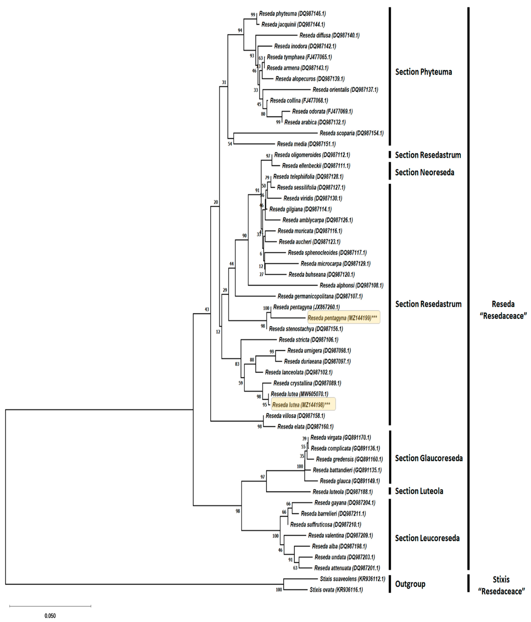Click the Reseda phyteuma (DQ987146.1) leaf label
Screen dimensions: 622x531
pyautogui.click(x=292, y=13)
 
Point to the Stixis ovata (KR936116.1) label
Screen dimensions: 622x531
pyautogui.click(x=336, y=590)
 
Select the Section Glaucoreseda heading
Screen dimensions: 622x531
pyautogui.click(x=428, y=458)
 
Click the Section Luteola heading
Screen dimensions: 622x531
pyautogui.click(x=419, y=491)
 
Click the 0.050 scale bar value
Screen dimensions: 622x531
pyautogui.click(x=50, y=616)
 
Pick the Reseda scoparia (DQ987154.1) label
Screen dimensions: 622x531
pyautogui.click(x=351, y=133)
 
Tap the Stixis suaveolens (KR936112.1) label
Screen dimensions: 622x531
pyautogui.click(x=352, y=579)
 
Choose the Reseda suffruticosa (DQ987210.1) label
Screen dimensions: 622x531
pyautogui.click(x=325, y=524)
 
